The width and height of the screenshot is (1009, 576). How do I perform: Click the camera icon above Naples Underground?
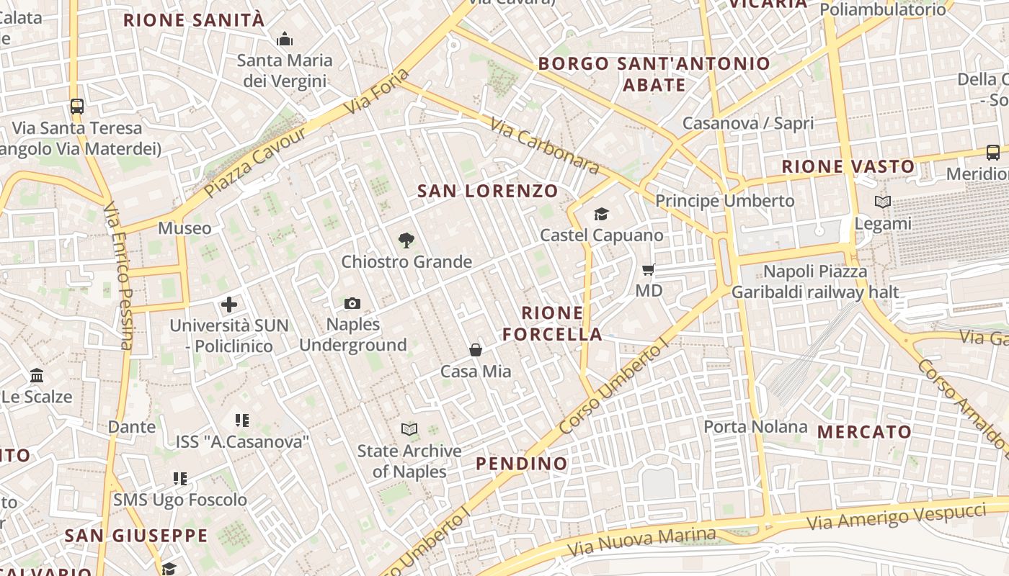click(352, 303)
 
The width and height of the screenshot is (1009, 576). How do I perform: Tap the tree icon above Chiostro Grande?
click(406, 240)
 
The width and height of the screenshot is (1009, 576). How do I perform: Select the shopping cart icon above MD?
click(649, 270)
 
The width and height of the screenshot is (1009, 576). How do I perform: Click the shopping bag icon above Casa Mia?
click(476, 350)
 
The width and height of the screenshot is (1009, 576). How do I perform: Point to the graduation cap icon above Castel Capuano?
click(601, 214)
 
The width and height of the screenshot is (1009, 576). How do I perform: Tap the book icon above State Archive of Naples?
click(409, 430)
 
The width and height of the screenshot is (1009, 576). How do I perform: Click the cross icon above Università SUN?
click(229, 305)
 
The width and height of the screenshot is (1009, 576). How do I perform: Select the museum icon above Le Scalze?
click(37, 376)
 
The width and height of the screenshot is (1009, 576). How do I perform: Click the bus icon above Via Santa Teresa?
click(77, 107)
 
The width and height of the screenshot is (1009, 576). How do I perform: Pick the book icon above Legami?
click(883, 202)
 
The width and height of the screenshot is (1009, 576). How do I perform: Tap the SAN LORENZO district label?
click(488, 191)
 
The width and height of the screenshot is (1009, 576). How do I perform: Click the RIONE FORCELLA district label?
click(552, 323)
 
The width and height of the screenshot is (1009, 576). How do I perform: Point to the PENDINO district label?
click(522, 464)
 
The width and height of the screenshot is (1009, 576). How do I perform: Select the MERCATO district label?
click(865, 432)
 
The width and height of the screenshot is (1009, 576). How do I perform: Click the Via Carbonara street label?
click(544, 147)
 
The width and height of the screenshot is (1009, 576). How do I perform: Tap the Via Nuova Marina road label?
click(641, 541)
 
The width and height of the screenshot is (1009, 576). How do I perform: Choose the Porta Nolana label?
click(755, 427)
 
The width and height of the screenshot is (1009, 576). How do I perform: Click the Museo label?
click(185, 229)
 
